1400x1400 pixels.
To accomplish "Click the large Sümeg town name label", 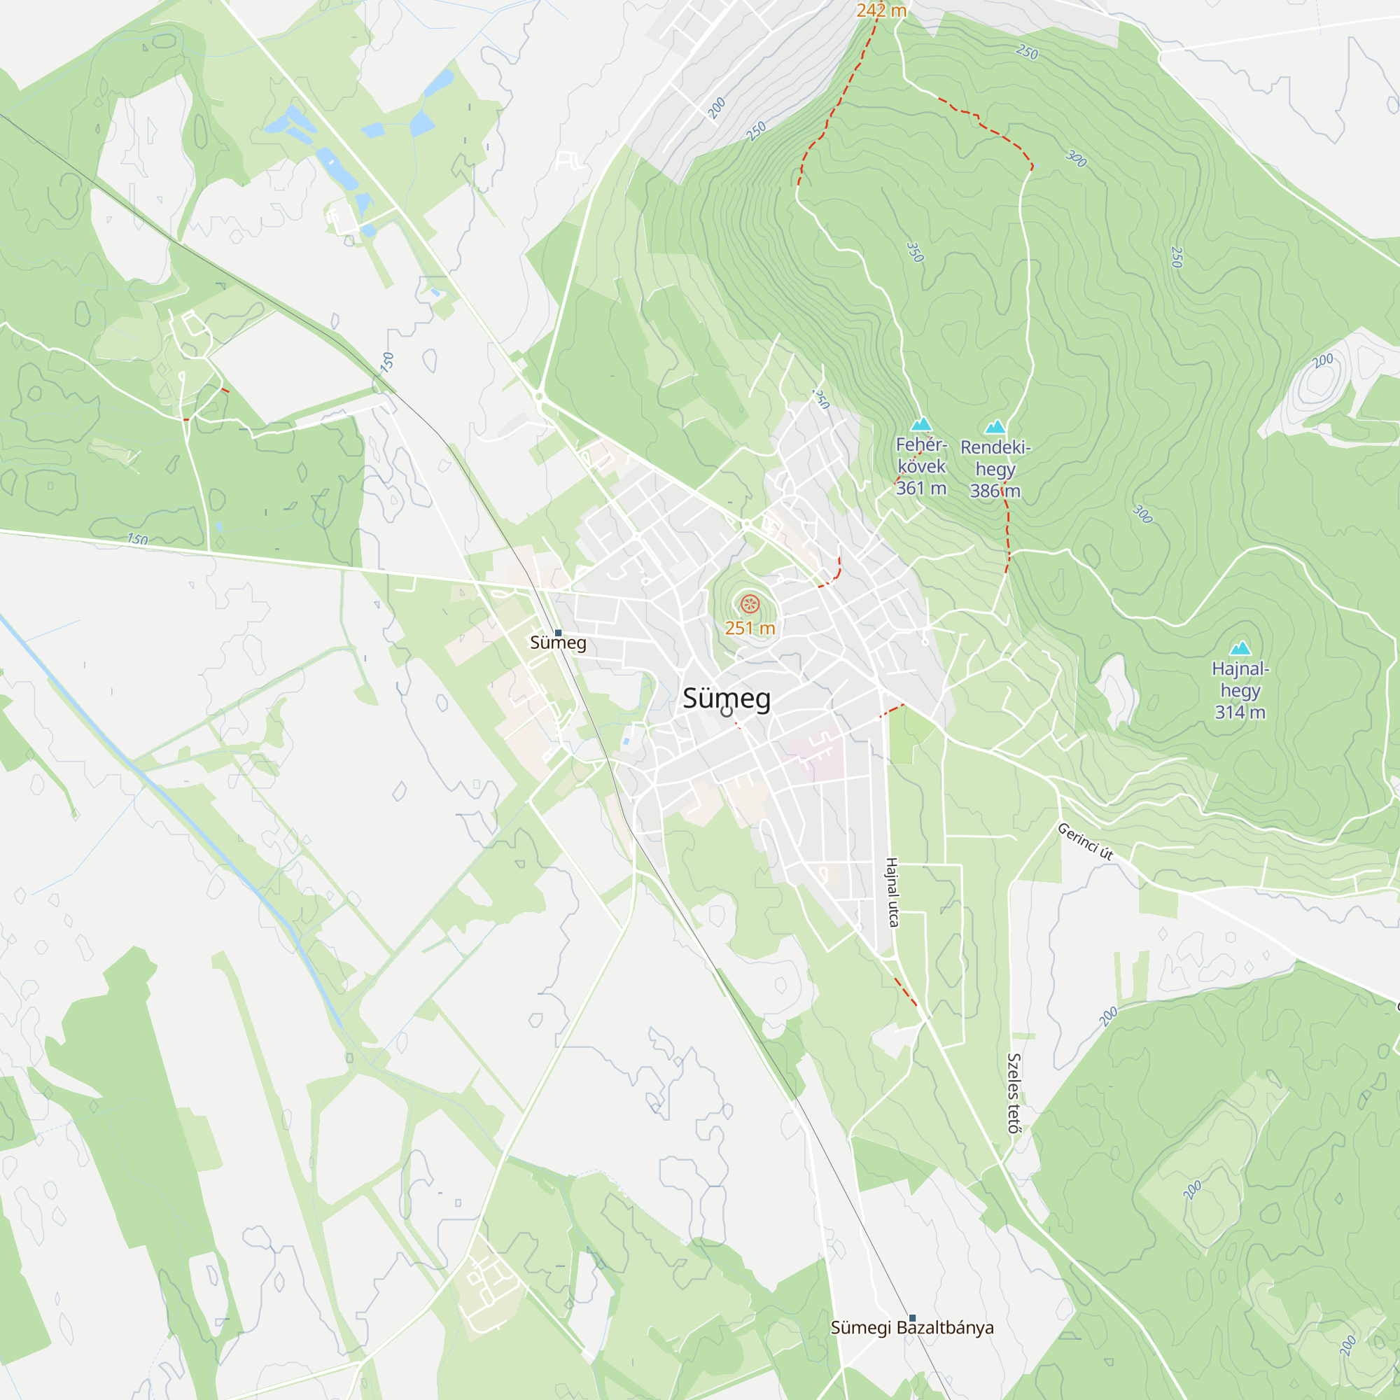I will (727, 699).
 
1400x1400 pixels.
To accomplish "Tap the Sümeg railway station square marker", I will (558, 633).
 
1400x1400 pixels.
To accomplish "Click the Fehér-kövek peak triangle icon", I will (921, 424).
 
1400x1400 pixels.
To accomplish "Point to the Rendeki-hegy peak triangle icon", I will (995, 427).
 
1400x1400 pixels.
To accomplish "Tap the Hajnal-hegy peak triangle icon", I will (1240, 647).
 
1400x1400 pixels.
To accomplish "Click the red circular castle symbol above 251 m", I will (750, 603).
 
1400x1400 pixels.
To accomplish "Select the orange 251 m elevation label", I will (750, 629).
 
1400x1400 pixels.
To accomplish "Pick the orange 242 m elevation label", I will (881, 11).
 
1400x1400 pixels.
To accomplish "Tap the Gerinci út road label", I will (1085, 841).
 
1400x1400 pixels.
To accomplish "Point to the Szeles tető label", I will (1014, 1093).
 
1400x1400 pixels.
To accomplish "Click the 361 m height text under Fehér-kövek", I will (921, 489).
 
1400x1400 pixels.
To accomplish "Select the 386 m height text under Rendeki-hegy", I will (995, 491).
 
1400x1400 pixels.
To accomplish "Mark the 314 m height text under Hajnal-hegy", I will (1240, 713).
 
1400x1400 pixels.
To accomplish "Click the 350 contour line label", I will (915, 252).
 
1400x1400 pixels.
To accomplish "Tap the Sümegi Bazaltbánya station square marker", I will (912, 1318).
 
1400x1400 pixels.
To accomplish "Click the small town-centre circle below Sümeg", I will (727, 712).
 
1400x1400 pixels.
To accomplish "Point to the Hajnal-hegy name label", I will (1240, 680).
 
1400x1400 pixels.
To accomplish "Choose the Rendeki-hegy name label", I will (995, 458).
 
